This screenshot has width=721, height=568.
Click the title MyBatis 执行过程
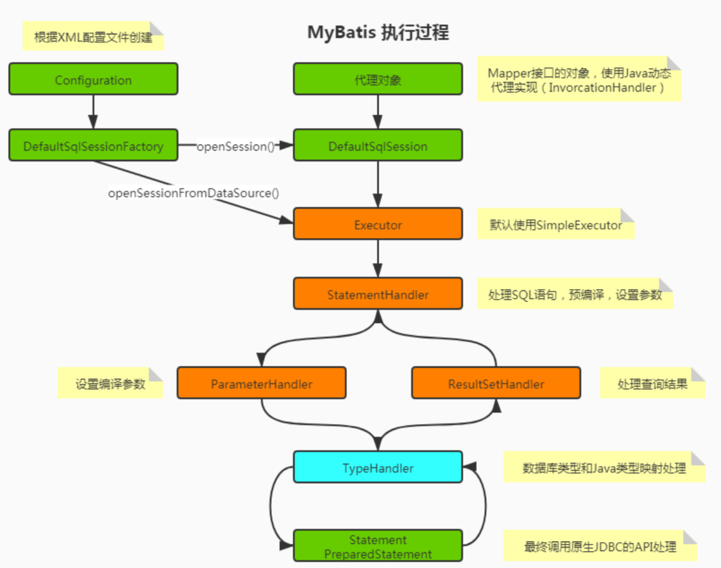pos(378,32)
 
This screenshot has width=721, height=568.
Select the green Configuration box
pos(93,79)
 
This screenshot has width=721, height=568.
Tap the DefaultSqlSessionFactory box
pos(93,146)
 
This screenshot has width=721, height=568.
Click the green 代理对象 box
pos(378,79)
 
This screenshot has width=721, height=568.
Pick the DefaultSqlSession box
pos(378,146)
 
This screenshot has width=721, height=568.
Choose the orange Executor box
pos(378,224)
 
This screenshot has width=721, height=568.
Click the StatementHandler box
pos(378,294)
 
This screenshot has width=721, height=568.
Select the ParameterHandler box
pos(261,383)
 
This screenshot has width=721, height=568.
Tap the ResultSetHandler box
pos(496,383)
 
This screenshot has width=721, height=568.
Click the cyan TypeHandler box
pos(378,468)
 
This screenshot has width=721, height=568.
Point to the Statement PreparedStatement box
pos(378,546)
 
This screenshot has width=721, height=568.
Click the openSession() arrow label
pos(235,146)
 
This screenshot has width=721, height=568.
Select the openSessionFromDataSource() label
pos(194,193)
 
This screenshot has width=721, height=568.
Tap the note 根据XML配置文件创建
pos(93,37)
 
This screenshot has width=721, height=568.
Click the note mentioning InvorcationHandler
pos(578,80)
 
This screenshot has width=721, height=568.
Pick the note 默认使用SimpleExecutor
pos(555,225)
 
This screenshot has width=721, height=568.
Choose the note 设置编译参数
pos(110,383)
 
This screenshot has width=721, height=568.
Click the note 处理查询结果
pos(652,383)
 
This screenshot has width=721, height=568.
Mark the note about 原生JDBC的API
pos(600,546)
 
